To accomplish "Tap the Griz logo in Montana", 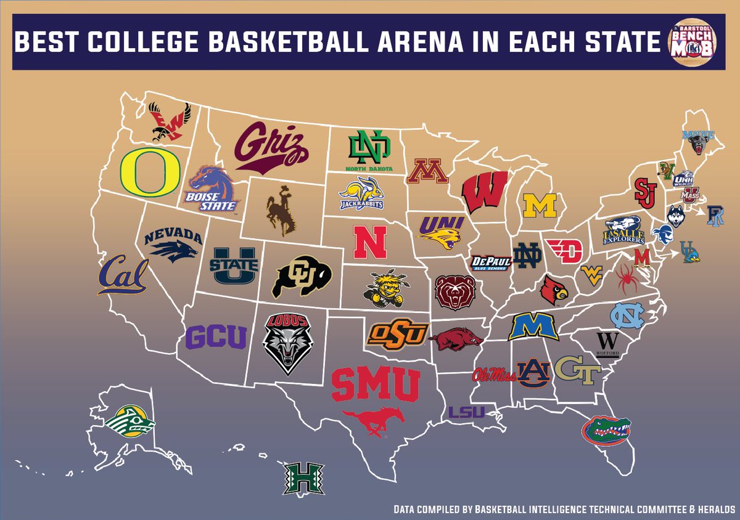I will point(269,147).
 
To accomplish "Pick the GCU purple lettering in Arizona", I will point(216,336).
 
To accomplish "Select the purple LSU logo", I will point(466,412).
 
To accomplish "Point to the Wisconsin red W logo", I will point(485,192).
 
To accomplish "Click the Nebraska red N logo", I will point(369,242).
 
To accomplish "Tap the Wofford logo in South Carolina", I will point(608,343).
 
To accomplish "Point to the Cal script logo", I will point(123,275).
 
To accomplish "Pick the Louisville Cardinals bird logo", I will point(554,290).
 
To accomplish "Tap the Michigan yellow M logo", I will point(540,206).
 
